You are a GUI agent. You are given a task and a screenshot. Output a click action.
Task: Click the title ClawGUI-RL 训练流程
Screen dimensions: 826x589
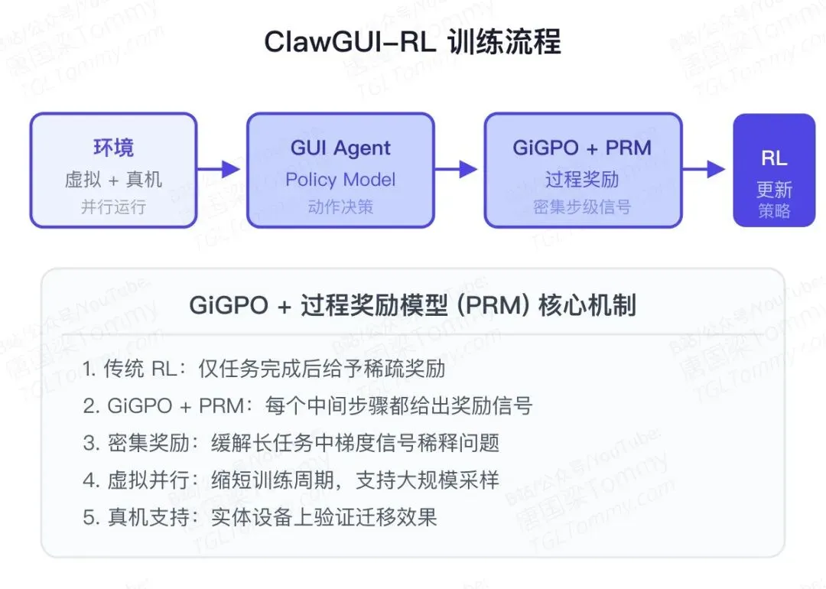pos(412,42)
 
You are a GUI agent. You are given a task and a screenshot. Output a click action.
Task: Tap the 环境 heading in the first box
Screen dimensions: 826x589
pos(113,148)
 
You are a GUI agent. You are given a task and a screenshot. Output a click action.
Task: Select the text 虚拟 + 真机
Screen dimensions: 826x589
pos(113,180)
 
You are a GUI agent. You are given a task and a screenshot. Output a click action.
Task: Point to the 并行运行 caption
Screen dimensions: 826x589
pos(113,207)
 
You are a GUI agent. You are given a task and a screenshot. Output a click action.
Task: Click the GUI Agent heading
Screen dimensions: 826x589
pos(340,148)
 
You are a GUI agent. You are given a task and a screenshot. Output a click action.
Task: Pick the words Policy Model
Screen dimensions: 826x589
pos(340,180)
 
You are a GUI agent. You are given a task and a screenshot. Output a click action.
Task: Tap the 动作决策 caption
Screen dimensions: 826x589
pos(340,207)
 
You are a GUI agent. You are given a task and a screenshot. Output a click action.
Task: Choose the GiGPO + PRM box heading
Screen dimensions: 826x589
pos(582,148)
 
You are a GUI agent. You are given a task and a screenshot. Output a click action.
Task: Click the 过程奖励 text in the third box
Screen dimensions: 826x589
pos(582,180)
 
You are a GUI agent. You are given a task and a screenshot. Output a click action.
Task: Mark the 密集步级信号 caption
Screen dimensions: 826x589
pos(582,207)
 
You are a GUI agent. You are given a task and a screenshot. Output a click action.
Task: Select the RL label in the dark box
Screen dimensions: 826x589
pos(774,158)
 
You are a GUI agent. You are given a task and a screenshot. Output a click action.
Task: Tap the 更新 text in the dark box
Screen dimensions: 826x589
pos(774,190)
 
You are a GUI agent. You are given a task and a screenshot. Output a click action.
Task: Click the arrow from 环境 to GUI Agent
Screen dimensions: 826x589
pos(219,169)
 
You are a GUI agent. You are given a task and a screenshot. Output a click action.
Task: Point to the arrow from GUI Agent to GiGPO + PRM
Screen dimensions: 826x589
pos(456,169)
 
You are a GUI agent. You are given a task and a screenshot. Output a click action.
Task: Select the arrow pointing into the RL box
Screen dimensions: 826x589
pos(704,169)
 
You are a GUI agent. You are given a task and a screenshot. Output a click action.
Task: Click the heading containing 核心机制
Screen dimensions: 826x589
pos(412,305)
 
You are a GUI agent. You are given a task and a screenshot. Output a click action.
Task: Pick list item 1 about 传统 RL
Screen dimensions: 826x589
pos(264,369)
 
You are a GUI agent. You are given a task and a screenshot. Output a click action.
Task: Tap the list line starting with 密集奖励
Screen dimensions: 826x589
pos(291,443)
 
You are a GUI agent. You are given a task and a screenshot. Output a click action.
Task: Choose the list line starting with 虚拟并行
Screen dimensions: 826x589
pos(291,480)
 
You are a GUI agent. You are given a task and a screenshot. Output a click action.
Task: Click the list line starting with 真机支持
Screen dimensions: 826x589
pos(260,517)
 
